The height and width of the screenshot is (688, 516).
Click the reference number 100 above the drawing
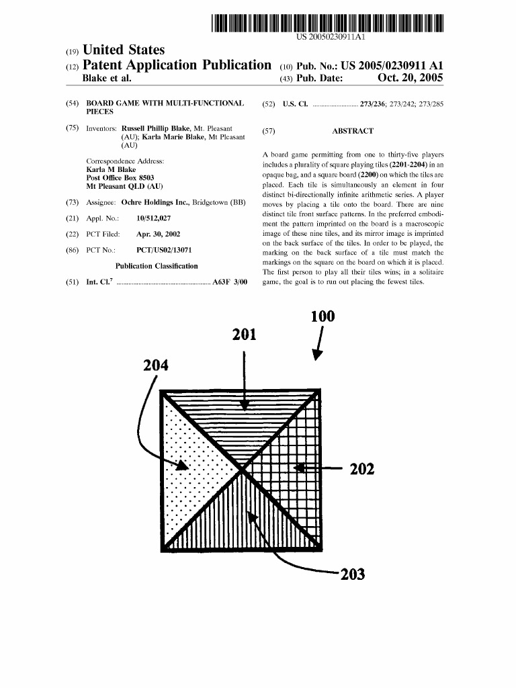click(x=322, y=316)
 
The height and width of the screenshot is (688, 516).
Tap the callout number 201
click(x=245, y=334)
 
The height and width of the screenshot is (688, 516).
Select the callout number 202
click(x=361, y=468)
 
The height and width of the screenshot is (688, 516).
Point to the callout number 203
click(x=352, y=574)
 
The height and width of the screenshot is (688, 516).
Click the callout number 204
click(x=156, y=366)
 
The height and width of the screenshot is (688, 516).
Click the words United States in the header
click(x=123, y=50)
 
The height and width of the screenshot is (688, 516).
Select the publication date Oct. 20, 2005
click(x=410, y=78)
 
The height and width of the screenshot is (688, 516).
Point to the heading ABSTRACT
click(x=353, y=132)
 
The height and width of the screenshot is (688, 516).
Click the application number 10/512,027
click(x=153, y=218)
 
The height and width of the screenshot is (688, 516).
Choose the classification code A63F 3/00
click(x=230, y=282)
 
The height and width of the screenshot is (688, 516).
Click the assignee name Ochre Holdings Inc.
click(x=154, y=202)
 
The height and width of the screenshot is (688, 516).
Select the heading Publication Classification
click(x=157, y=266)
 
